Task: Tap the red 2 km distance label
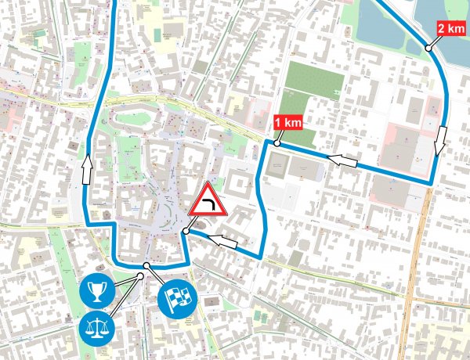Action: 450,30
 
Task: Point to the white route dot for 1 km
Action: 277,143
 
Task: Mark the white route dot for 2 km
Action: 428,49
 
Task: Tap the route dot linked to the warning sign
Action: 185,232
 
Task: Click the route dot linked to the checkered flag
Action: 143,275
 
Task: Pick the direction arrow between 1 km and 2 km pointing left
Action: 342,160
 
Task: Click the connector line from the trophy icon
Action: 125,282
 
